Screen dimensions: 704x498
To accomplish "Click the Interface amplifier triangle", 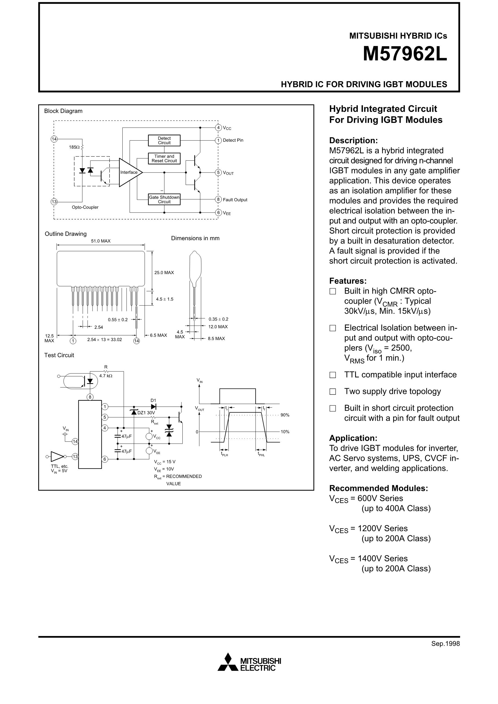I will (x=129, y=172).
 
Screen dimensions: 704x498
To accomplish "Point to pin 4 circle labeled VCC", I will (x=218, y=128).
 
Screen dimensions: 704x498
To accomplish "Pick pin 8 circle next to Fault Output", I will (x=218, y=199).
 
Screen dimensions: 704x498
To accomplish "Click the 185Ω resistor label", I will (x=74, y=147).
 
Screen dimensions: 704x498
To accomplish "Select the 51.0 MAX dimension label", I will (x=100, y=241).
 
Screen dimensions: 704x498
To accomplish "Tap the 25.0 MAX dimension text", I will (x=164, y=272).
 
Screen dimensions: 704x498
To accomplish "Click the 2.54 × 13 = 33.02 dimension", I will (x=104, y=339).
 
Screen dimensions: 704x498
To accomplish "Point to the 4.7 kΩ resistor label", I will (x=106, y=376).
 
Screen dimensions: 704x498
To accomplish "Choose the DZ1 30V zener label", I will (x=146, y=413).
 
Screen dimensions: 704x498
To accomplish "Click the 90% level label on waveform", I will (x=285, y=415).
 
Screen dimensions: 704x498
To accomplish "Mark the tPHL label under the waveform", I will (x=261, y=454).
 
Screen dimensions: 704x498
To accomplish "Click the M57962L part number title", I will (x=405, y=54).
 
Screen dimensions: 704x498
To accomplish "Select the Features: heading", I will (x=348, y=281).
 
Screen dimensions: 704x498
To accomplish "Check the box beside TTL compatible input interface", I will (x=333, y=375).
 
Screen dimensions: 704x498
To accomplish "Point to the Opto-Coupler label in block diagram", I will (x=85, y=207).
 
